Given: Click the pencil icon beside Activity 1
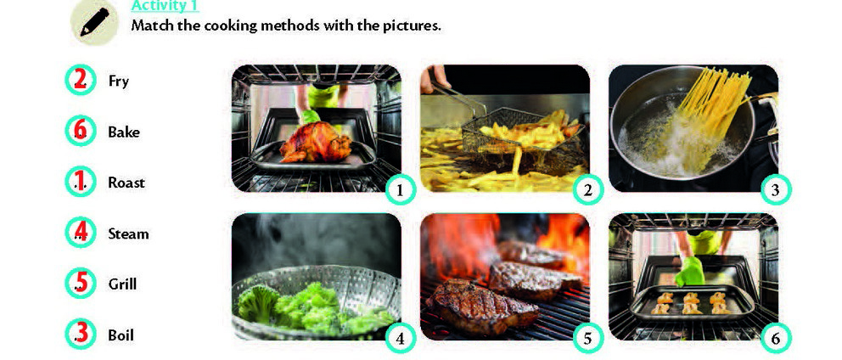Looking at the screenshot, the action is [x=94, y=22].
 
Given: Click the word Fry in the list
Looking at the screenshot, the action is [x=118, y=82].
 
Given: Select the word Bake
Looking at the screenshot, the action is [x=124, y=132].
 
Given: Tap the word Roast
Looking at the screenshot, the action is [x=126, y=183].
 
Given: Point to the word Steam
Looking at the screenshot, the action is [x=128, y=233].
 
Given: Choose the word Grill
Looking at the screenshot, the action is [x=122, y=284].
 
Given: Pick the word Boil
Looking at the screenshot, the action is [x=121, y=335].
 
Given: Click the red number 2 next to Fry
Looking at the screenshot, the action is [x=80, y=80].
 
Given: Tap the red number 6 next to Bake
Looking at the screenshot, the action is [x=80, y=130].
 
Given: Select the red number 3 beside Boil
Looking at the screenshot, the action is [x=81, y=332].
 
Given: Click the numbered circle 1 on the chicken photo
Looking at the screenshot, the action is [x=400, y=189].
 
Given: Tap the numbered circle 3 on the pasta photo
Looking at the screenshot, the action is [x=776, y=189].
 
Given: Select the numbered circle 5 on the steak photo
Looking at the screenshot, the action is [x=588, y=338].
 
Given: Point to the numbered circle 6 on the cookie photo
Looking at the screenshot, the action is [x=776, y=338].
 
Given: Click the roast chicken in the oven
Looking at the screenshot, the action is [x=315, y=142].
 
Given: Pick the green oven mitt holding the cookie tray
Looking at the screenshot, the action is [x=690, y=273].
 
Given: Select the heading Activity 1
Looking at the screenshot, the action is [x=165, y=5].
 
